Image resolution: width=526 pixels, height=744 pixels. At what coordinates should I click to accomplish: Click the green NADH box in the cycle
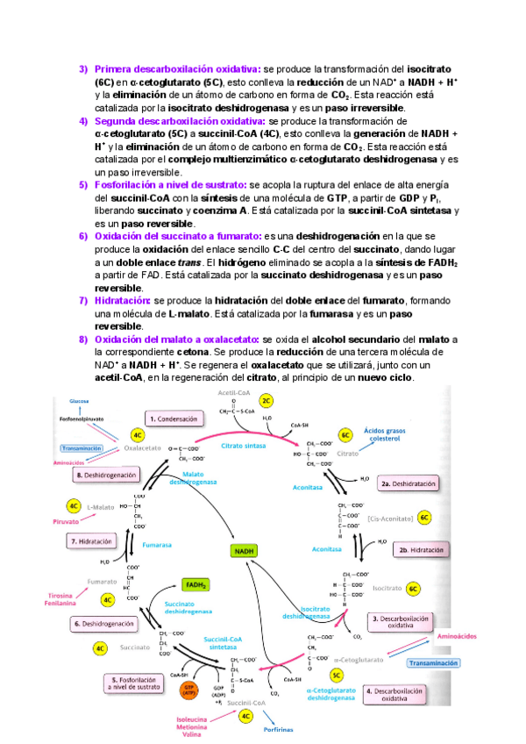coord(243,551)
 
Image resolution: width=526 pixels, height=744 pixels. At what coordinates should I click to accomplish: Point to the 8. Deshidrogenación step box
coord(108,475)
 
